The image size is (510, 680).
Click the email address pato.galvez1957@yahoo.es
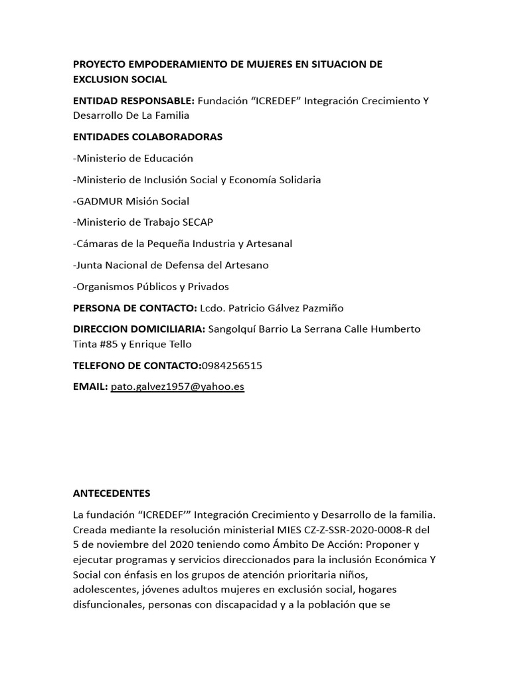pos(177,387)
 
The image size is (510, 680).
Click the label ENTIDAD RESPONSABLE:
pos(133,101)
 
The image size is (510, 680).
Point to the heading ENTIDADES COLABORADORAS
pos(147,137)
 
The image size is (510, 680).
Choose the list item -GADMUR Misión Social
pos(131,201)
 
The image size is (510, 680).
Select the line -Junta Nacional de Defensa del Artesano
pos(171,265)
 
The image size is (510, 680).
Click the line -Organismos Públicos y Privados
pos(151,286)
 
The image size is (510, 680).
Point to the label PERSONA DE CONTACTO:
pos(135,308)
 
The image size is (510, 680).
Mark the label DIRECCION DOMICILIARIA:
pos(139,329)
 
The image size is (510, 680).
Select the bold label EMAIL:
pos(90,387)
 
